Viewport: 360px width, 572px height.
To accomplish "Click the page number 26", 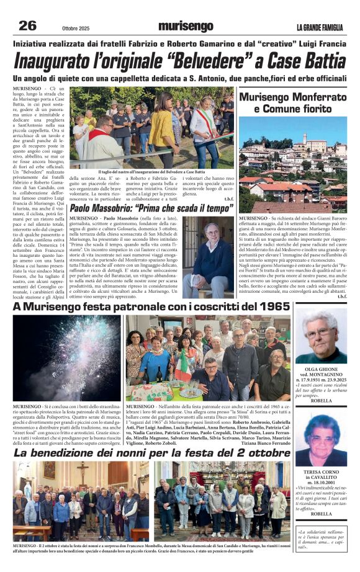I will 27,25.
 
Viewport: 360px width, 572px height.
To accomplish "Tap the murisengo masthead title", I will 185,26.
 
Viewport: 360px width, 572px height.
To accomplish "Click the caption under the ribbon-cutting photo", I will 151,172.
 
